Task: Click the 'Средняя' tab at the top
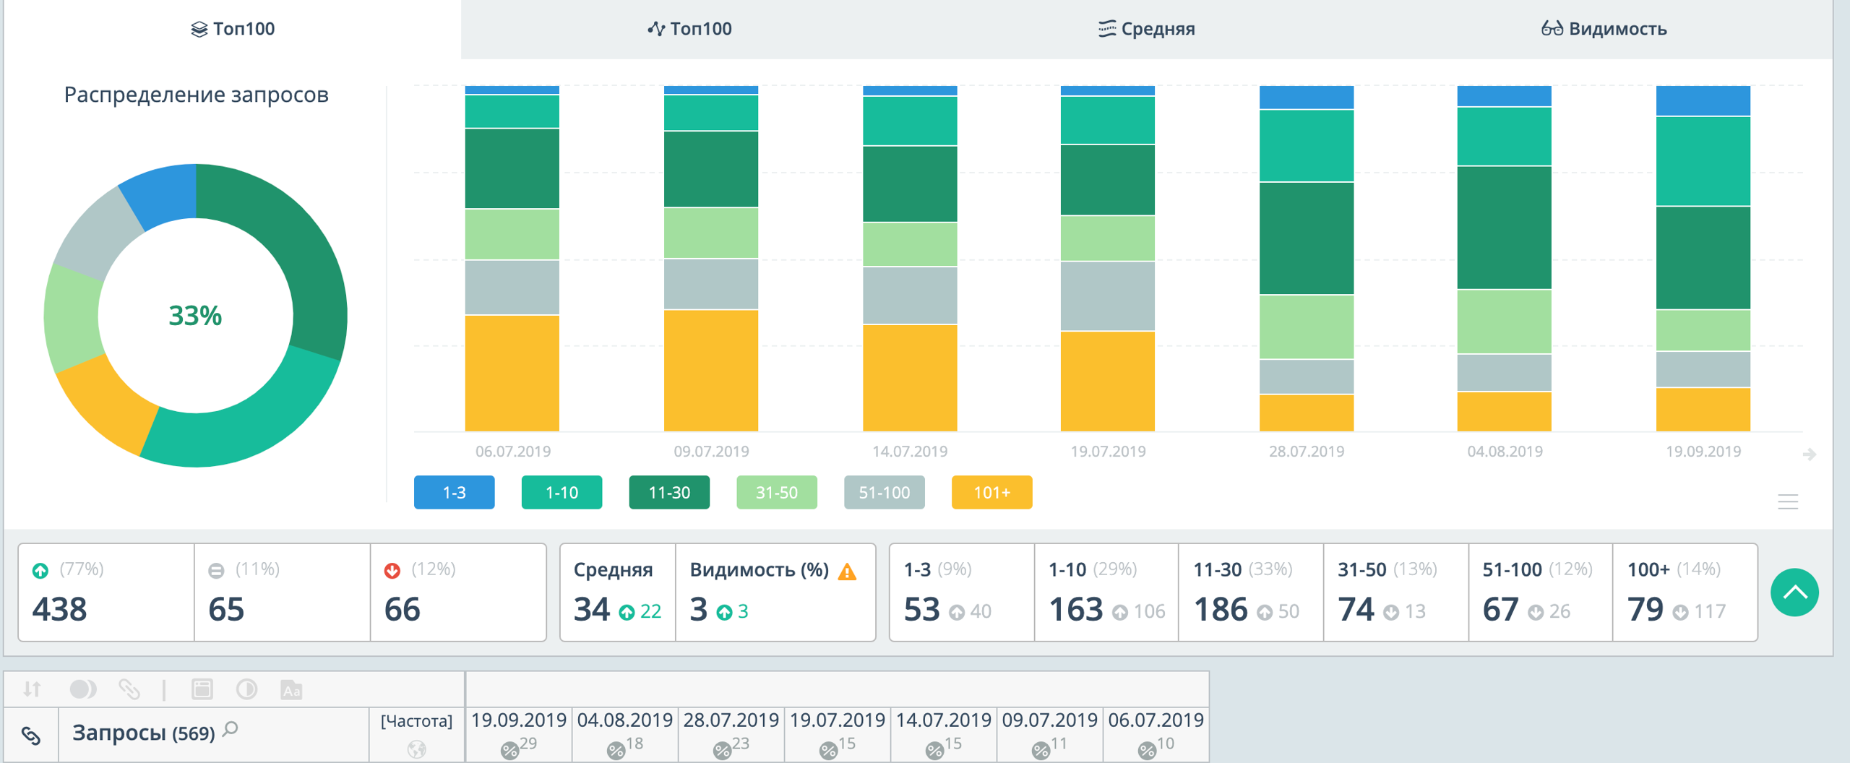coord(1147,29)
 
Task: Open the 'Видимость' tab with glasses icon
coord(1604,29)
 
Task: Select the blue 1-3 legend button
coord(454,492)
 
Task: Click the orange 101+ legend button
coord(991,492)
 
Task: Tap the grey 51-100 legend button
coord(884,492)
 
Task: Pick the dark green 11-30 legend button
coord(669,492)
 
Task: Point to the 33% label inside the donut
coord(195,316)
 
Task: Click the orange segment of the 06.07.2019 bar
coord(512,373)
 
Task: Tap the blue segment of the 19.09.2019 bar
coord(1703,100)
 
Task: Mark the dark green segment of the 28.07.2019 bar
coord(1306,238)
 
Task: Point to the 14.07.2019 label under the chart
coord(910,452)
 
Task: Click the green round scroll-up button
coord(1794,592)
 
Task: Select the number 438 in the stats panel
coord(60,609)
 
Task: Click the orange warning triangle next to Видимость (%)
coord(847,572)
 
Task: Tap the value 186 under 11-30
coord(1221,609)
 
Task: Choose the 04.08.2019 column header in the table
coord(625,720)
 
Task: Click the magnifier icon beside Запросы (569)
coord(231,729)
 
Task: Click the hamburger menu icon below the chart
coord(1788,501)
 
